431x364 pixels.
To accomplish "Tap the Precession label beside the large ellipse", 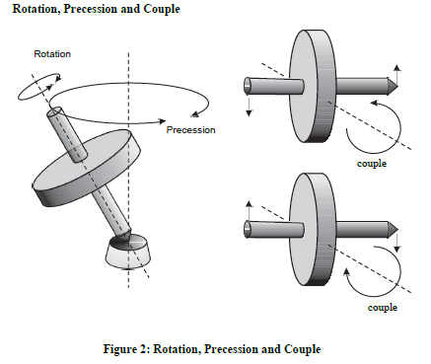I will click(190, 129).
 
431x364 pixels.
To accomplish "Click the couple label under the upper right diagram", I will click(372, 163).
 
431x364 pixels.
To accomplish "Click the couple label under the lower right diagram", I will click(382, 308).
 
